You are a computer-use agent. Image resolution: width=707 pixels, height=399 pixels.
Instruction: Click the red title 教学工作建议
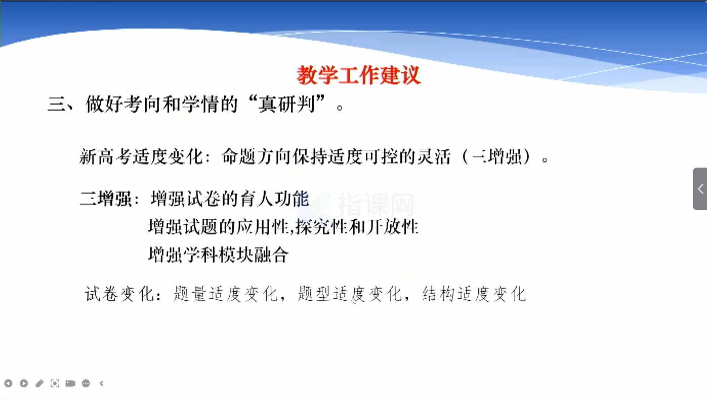359,75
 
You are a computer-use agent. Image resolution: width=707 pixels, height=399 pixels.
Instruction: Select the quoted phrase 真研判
287,104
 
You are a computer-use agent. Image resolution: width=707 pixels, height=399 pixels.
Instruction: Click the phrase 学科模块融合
236,255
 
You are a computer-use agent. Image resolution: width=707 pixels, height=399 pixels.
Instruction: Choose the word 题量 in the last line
190,294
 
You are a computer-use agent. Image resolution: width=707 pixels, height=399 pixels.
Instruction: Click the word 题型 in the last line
314,294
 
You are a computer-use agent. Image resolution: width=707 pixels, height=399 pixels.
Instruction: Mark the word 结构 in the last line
438,294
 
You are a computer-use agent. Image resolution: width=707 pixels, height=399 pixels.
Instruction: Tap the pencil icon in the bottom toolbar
39,383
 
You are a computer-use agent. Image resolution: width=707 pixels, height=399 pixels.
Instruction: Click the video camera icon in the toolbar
70,383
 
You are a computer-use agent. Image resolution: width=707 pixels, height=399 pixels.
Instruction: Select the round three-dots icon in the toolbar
86,383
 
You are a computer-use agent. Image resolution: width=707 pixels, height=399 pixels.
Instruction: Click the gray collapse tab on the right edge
700,189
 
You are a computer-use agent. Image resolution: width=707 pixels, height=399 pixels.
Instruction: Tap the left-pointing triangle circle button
9,383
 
